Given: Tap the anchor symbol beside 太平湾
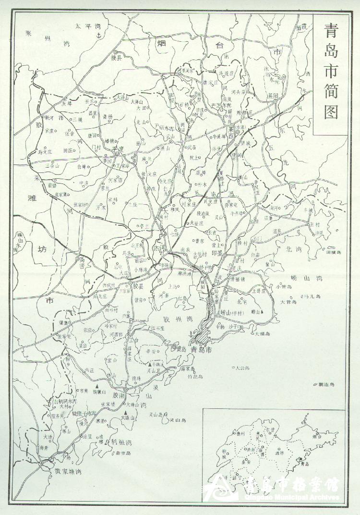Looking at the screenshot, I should coord(99,36).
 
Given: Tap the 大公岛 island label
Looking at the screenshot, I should coord(242,368).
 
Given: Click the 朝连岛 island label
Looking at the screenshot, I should coord(326,385).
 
